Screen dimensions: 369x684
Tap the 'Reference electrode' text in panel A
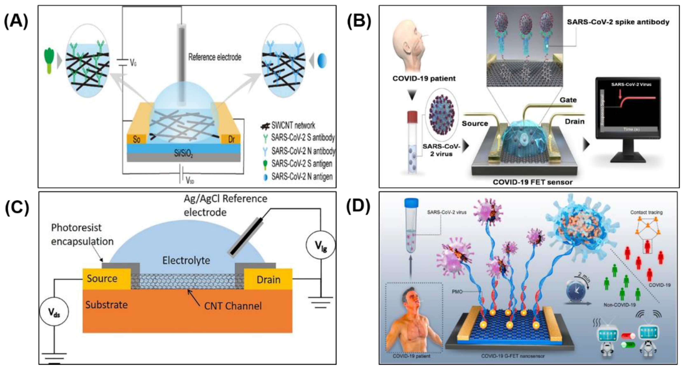pyautogui.click(x=215, y=57)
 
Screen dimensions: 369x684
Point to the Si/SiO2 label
pyautogui.click(x=183, y=153)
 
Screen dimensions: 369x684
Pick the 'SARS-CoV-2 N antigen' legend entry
pyautogui.click(x=302, y=176)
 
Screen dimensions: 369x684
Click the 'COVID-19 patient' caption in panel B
pyautogui.click(x=424, y=79)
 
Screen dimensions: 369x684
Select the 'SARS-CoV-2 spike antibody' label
pyautogui.click(x=618, y=22)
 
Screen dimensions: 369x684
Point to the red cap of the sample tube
pyautogui.click(x=412, y=117)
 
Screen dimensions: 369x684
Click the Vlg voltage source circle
pyautogui.click(x=321, y=245)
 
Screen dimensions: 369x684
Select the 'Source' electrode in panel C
pyautogui.click(x=102, y=278)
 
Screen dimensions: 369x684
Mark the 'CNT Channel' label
pyautogui.click(x=233, y=306)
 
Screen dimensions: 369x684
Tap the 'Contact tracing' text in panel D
pyautogui.click(x=646, y=212)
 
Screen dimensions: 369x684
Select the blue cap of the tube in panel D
pyautogui.click(x=411, y=203)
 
